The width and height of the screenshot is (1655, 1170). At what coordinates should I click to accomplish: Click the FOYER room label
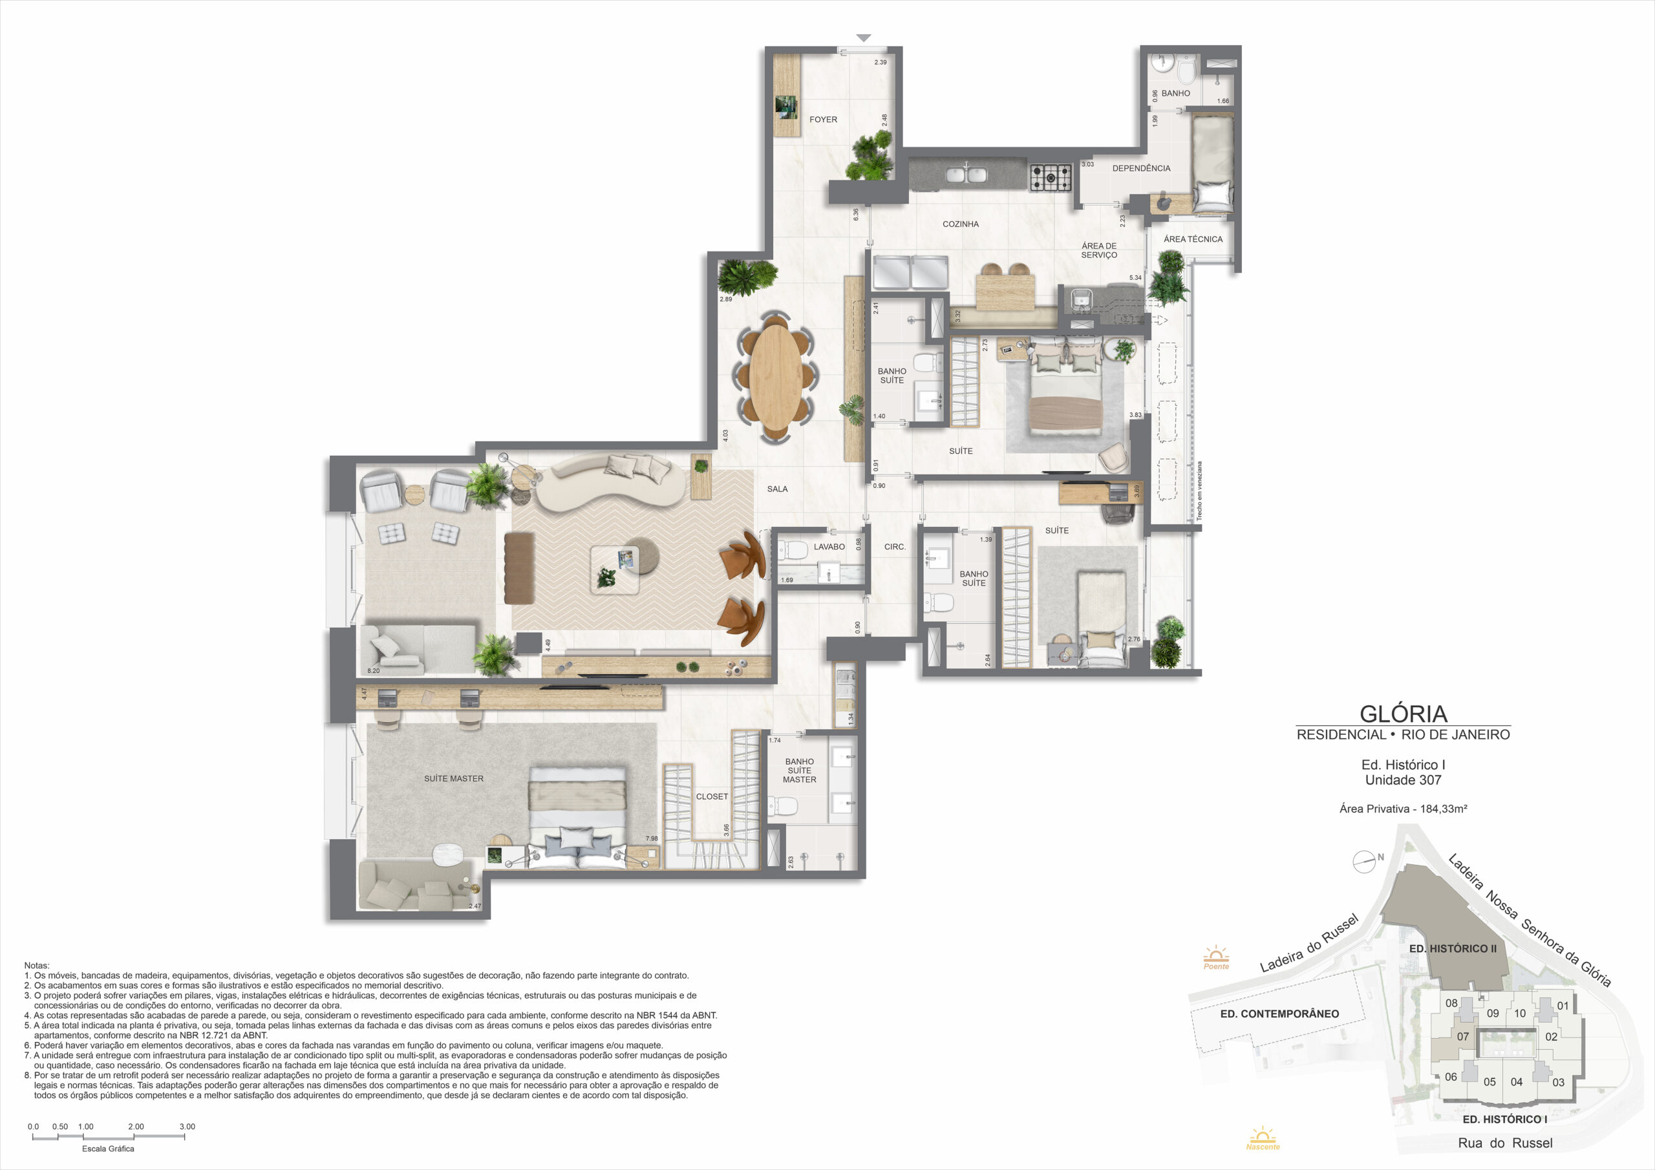823,120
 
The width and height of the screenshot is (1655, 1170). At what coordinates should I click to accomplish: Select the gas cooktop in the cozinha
1051,178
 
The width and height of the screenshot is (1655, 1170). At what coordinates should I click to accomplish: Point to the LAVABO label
829,546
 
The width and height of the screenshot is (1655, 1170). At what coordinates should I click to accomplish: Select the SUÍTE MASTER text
453,778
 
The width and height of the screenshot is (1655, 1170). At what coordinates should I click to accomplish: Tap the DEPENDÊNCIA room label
1141,169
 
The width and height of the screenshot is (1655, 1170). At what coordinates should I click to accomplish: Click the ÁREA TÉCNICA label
1193,239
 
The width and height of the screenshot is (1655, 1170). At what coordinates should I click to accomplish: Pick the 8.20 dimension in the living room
374,671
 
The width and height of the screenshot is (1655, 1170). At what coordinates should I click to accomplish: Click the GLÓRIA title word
1404,714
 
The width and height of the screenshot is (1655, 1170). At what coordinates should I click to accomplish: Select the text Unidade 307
1403,780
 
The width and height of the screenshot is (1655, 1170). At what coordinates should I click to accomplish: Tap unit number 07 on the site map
1462,1037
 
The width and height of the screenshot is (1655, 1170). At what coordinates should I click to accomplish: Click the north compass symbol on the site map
1364,862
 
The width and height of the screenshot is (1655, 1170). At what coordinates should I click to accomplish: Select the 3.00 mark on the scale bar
187,1127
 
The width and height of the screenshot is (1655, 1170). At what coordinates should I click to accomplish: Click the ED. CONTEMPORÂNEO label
1279,1014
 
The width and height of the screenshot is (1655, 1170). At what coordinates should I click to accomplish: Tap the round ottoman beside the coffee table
640,556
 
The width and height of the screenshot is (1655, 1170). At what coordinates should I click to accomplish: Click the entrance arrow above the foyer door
864,38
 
